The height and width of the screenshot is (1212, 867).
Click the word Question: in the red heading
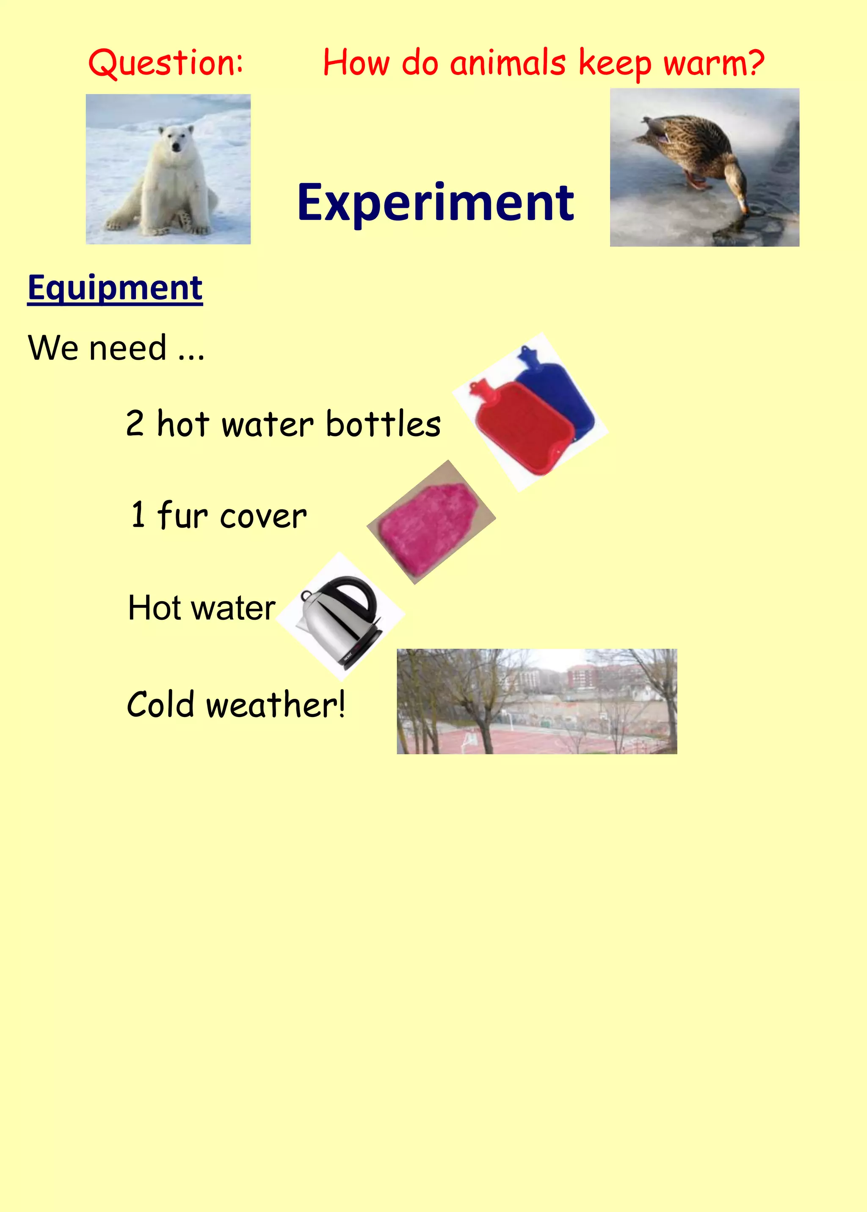click(x=166, y=63)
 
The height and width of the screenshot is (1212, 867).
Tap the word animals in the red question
click(x=507, y=63)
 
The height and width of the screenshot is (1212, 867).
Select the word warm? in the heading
click(x=714, y=63)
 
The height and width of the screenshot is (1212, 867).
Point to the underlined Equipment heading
click(x=115, y=288)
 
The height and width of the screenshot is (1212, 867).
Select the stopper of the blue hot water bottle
click(x=525, y=353)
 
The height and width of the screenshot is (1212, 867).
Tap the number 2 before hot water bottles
click(x=135, y=423)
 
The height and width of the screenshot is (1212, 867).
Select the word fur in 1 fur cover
click(x=182, y=515)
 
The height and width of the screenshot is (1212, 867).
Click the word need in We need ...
click(x=127, y=348)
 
